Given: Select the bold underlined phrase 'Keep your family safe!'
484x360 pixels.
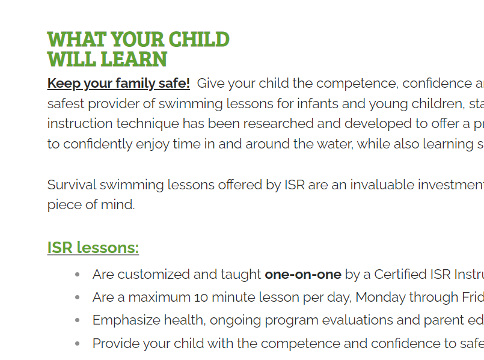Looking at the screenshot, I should pyautogui.click(x=118, y=83).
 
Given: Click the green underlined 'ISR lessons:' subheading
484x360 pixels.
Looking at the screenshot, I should pyautogui.click(x=93, y=248).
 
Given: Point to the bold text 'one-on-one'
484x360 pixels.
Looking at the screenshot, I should pyautogui.click(x=303, y=275).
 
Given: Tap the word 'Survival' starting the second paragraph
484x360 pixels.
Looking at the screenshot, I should pyautogui.click(x=69, y=185).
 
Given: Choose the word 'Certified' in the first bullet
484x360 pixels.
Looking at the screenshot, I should pyautogui.click(x=400, y=275).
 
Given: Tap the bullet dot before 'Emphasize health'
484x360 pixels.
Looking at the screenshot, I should pyautogui.click(x=77, y=320).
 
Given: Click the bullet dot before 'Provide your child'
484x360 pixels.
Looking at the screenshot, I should pyautogui.click(x=77, y=343).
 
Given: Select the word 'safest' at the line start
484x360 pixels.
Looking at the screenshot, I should pyautogui.click(x=66, y=103).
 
